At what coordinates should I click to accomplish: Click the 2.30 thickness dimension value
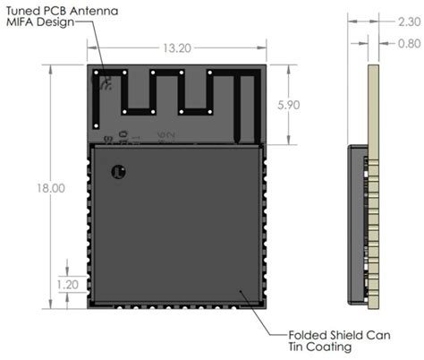pyautogui.click(x=401, y=28)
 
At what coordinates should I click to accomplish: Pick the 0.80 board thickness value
pyautogui.click(x=401, y=42)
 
